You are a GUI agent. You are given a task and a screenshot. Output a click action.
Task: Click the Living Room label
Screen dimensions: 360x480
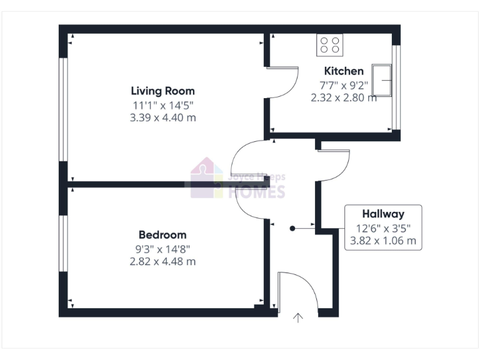[162, 91]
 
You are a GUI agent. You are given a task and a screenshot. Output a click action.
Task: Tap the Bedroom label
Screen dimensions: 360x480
[162, 235]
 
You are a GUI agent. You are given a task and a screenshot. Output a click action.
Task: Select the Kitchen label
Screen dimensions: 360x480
[343, 71]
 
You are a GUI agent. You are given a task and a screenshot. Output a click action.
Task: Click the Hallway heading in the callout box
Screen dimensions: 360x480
[383, 214]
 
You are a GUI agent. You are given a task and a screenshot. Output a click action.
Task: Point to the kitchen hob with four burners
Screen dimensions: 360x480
[330, 44]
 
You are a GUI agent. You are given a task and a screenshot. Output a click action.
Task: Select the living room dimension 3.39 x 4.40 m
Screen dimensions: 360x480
[164, 117]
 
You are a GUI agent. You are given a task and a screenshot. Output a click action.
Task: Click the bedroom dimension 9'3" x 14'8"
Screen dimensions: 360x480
[162, 249]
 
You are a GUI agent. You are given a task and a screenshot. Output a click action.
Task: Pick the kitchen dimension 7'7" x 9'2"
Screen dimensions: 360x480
[344, 85]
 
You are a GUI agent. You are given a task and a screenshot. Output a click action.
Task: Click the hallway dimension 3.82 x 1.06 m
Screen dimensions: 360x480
[383, 241]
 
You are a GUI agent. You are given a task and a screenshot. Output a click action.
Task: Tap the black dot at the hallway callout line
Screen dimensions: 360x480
[292, 229]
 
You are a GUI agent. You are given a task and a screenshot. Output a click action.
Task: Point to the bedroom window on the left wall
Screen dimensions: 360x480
[62, 244]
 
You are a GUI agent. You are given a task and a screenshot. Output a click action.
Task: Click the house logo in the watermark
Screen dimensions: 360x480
[206, 178]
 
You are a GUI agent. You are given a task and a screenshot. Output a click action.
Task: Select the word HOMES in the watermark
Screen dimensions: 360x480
[257, 192]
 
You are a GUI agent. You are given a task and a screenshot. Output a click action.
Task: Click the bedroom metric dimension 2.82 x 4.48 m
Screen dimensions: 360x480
[162, 261]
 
